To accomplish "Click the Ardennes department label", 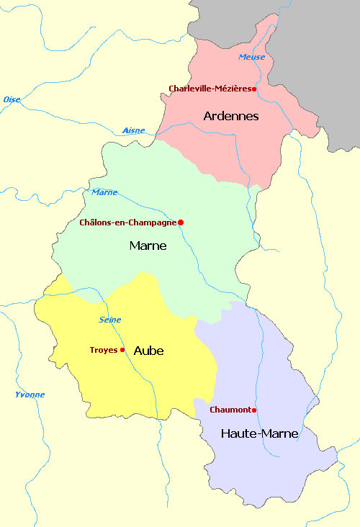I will click(x=231, y=116).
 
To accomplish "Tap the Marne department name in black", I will click(x=148, y=246).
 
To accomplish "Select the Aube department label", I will click(x=148, y=351).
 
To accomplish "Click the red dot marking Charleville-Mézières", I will click(x=254, y=89).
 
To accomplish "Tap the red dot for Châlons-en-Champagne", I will click(x=181, y=222).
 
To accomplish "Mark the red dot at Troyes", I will click(x=122, y=350).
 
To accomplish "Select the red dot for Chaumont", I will click(x=254, y=410).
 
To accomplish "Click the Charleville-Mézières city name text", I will click(x=209, y=89).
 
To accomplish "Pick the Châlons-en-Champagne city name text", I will click(x=127, y=222).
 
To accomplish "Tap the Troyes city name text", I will click(x=103, y=350).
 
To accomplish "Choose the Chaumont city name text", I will click(x=230, y=410).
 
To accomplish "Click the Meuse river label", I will click(x=251, y=57).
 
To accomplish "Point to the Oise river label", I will click(x=12, y=99).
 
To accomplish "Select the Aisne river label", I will click(x=133, y=130).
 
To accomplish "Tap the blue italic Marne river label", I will click(x=104, y=192).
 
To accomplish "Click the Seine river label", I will click(x=109, y=319).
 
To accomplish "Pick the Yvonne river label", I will click(x=30, y=395).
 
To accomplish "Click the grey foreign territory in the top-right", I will click(x=317, y=43).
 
